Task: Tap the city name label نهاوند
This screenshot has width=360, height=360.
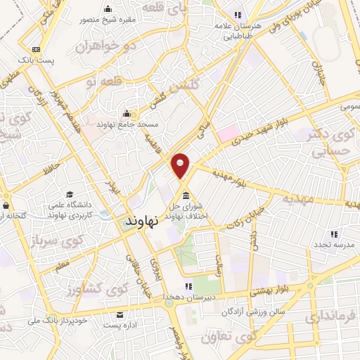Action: [x=143, y=221]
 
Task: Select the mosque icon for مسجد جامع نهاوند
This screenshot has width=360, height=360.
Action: [x=127, y=114]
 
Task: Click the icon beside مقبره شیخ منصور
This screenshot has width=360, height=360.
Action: [x=108, y=10]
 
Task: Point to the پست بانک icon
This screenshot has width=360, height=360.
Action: [x=36, y=49]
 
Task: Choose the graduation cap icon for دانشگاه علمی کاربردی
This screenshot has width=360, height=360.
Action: [x=70, y=194]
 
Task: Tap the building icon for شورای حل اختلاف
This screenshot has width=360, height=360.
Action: [x=186, y=195]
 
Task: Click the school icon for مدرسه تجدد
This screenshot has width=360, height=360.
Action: [x=334, y=233]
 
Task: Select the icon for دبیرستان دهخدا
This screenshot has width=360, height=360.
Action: [x=188, y=286]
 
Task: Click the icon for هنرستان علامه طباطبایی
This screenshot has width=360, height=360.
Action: [x=238, y=15]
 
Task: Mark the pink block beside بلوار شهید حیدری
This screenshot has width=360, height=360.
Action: [x=227, y=133]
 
